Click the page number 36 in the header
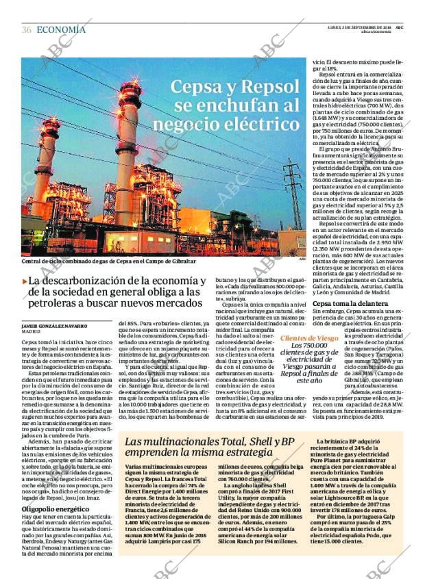coord(27,29)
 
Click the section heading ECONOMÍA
coord(61,29)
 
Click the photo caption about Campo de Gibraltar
coord(108,261)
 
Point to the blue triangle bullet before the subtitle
coord(25,281)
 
